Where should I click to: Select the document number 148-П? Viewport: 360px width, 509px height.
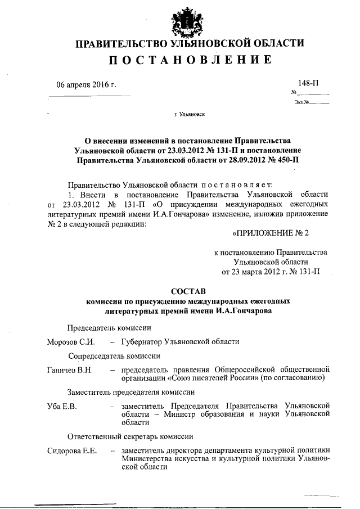[309, 83]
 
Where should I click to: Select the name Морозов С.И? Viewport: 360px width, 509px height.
[71, 341]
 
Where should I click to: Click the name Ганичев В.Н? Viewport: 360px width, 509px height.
[70, 370]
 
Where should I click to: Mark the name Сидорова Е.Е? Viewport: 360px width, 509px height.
[73, 450]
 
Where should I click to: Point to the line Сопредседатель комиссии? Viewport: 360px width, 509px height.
[115, 355]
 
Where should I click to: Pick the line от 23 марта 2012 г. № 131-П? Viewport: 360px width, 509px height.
[271, 273]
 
